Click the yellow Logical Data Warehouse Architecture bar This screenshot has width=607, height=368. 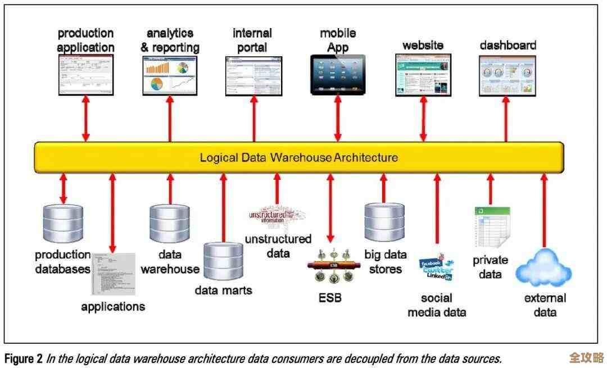(x=298, y=157)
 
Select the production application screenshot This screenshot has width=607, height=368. (x=86, y=75)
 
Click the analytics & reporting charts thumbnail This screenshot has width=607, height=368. (x=170, y=76)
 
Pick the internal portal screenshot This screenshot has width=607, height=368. (x=253, y=76)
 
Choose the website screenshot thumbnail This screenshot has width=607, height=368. (x=423, y=74)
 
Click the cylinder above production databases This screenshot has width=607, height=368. (x=63, y=223)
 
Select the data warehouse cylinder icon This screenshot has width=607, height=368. (x=169, y=223)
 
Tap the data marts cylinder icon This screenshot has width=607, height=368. (x=223, y=260)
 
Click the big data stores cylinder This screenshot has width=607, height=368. (x=384, y=222)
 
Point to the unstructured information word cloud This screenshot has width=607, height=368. (x=277, y=216)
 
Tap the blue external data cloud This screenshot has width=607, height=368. (x=543, y=269)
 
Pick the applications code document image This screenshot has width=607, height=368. (x=113, y=274)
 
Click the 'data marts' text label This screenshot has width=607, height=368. (x=223, y=290)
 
